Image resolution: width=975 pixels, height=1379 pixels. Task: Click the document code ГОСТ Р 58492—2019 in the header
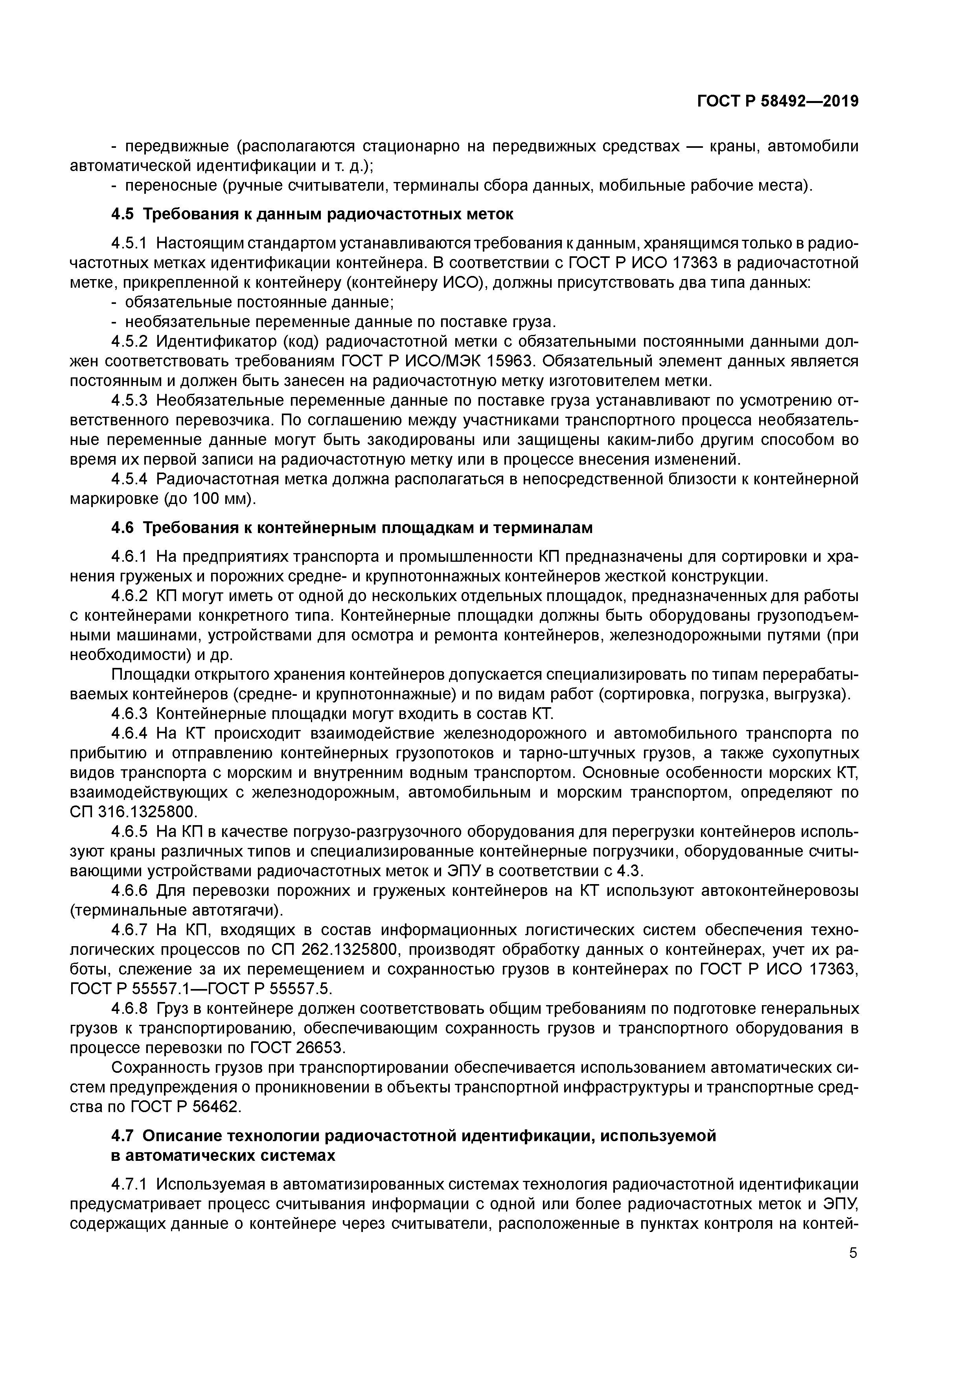777,101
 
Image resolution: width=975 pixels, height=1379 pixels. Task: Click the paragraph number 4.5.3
129,401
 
